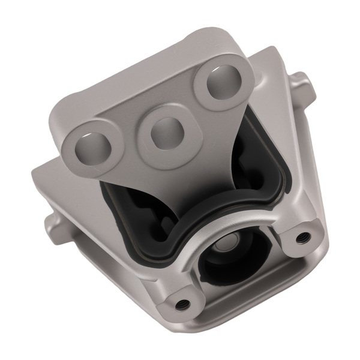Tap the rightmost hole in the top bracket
point(220,84)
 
